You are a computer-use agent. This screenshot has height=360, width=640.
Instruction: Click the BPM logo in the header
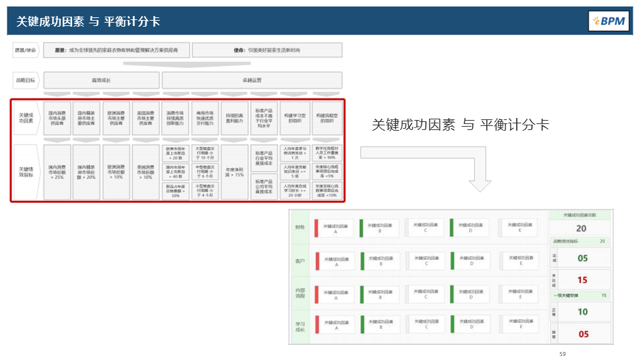(609, 21)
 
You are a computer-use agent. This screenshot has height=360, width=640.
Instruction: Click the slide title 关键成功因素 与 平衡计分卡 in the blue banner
(88, 21)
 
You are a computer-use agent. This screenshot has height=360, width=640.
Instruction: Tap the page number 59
(562, 353)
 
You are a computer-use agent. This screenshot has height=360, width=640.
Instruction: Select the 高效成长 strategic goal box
(101, 81)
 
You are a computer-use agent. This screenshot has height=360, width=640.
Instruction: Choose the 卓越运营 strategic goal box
(252, 81)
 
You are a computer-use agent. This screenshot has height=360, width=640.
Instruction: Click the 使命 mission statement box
(267, 50)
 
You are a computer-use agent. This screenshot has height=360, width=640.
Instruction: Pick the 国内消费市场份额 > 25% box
(57, 173)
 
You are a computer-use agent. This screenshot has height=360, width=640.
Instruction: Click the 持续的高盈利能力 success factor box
(235, 118)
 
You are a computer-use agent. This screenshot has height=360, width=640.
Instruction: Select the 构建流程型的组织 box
(327, 118)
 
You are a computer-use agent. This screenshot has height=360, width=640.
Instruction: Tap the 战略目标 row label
(25, 81)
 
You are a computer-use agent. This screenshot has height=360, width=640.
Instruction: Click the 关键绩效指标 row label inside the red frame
(27, 173)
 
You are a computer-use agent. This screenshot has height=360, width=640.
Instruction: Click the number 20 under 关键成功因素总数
(581, 229)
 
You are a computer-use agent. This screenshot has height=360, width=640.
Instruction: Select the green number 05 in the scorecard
(583, 258)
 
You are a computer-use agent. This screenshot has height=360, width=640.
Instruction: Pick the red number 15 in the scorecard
(583, 280)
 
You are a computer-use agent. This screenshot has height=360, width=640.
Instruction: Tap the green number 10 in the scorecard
(583, 311)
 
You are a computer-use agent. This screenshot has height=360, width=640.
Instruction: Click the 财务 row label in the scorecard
(300, 227)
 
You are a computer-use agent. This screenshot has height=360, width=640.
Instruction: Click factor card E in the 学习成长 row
(518, 324)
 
